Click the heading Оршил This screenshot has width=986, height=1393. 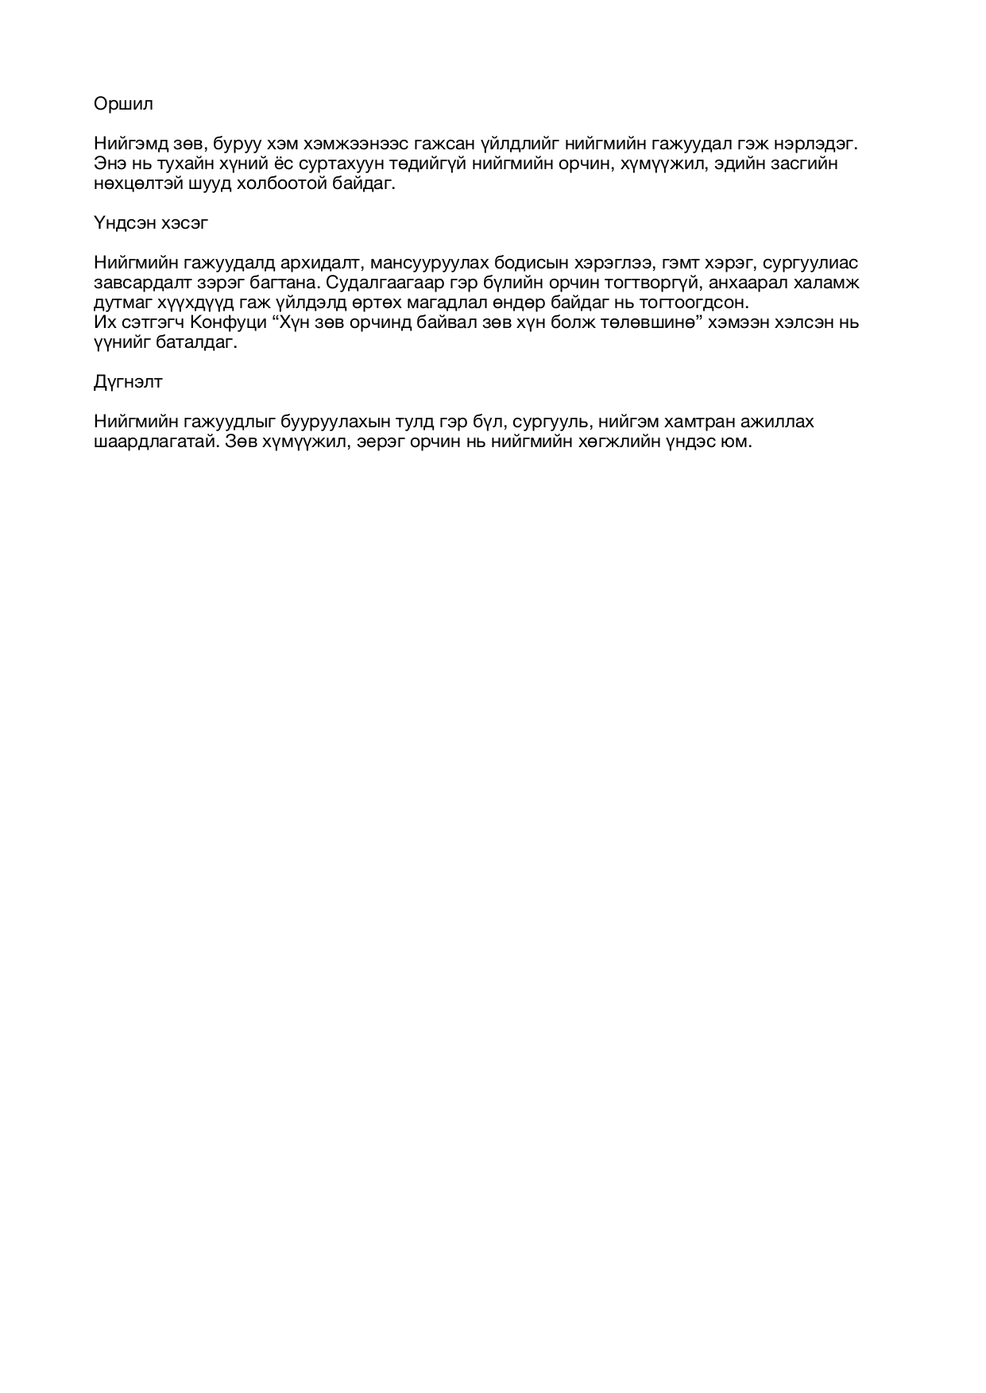pyautogui.click(x=123, y=104)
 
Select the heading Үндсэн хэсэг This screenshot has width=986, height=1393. pyautogui.click(x=151, y=223)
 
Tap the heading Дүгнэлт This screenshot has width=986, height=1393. pyautogui.click(x=128, y=382)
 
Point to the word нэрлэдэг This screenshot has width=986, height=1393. pyautogui.click(x=818, y=144)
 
